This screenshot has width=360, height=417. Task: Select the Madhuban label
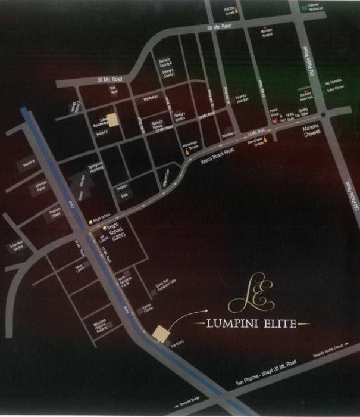click(x=152, y=99)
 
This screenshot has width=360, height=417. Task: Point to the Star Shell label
click(x=114, y=91)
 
